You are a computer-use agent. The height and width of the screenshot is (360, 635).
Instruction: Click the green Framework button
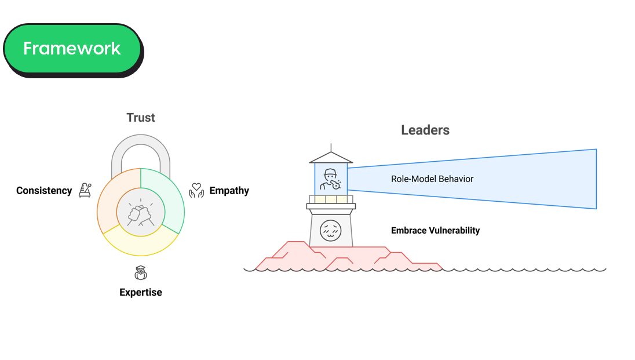[x=72, y=48]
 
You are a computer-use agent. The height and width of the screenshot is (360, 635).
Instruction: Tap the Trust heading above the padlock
[x=141, y=118]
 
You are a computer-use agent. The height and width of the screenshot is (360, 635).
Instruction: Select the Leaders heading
[x=425, y=130]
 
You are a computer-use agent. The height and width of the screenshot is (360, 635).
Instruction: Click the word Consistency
[x=44, y=190]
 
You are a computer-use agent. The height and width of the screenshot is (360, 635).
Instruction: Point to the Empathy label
[x=229, y=190]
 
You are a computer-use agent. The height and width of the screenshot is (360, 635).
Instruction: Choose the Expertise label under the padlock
[x=141, y=292]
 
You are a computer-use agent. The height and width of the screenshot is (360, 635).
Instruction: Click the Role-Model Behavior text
[x=432, y=179]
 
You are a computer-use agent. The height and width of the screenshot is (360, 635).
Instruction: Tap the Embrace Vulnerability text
[x=435, y=230]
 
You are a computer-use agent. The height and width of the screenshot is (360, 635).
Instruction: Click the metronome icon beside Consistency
[x=85, y=190]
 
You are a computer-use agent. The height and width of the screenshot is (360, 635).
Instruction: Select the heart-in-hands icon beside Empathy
[x=197, y=190]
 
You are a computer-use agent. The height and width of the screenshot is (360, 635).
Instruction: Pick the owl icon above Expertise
[x=141, y=272]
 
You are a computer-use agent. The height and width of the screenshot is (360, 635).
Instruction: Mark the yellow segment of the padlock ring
[x=141, y=246]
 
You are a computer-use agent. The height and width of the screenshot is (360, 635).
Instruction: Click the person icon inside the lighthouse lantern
[x=331, y=179]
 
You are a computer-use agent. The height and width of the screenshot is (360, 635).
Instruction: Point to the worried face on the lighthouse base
[x=331, y=230]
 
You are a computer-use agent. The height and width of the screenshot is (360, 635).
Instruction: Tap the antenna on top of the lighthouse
[x=331, y=147]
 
